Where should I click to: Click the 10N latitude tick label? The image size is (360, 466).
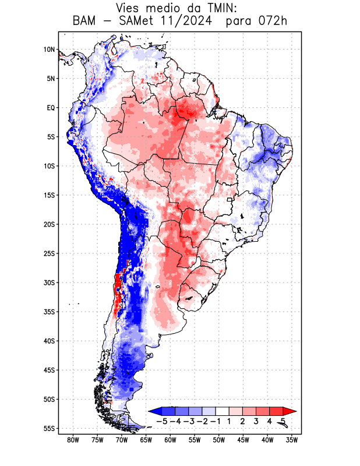49,50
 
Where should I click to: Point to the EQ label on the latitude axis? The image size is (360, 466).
51,108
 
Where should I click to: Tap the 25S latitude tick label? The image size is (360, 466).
49,253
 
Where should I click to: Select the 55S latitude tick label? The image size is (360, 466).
49,428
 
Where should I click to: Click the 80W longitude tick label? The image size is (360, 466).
73,439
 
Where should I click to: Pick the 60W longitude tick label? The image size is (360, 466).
170,439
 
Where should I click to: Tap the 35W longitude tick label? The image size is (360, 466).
292,439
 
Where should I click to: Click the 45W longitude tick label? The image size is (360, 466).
243,439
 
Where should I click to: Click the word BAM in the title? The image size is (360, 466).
85,22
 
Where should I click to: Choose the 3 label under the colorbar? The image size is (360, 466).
256,421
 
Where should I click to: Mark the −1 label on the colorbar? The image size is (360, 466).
215,421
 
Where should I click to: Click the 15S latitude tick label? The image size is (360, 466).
49,195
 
